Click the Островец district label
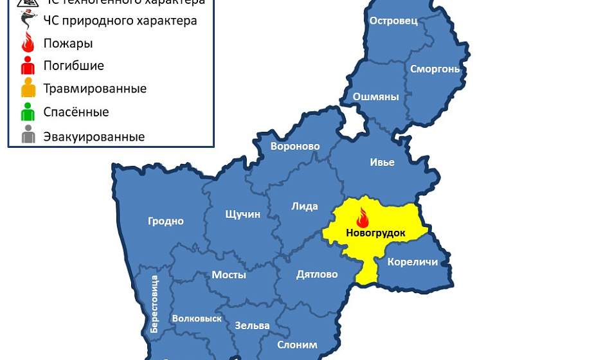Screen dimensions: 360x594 tap(393, 21)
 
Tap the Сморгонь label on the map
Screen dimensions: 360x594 tap(435, 68)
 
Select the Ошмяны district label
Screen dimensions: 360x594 tap(375, 97)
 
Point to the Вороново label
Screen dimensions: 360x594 tap(295, 147)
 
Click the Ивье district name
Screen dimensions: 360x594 tap(382, 162)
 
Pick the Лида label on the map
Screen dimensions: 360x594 tap(305, 206)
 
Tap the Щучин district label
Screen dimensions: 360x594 tap(242, 214)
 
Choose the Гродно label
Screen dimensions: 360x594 tap(166, 221)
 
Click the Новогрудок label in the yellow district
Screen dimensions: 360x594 tap(375, 233)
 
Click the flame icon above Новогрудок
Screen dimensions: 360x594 tap(363, 217)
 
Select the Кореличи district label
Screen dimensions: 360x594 tap(413, 262)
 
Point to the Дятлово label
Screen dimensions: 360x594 tap(317, 274)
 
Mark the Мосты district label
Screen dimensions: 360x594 tap(229, 275)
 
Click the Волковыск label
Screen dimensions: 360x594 tap(197, 318)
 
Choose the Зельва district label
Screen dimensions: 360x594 tap(252, 325)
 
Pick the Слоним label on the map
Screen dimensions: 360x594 tap(297, 345)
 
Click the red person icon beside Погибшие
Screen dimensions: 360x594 tap(28, 66)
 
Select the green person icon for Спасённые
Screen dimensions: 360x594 tap(28, 113)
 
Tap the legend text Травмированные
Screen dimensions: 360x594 tap(94, 89)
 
